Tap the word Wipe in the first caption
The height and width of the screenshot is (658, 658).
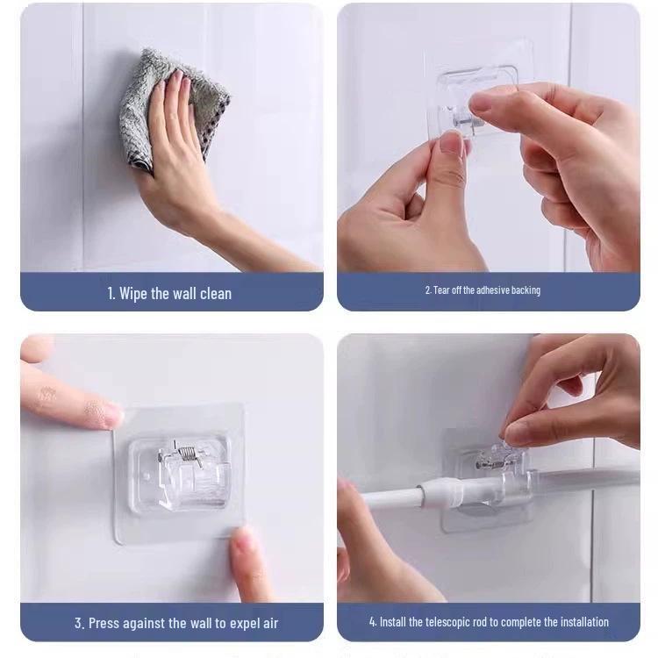(x=134, y=293)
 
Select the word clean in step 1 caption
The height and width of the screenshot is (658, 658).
(x=214, y=293)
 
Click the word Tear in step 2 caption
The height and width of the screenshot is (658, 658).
(x=444, y=290)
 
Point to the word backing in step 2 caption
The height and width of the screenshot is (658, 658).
(x=523, y=290)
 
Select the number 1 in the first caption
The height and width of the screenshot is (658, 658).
(x=111, y=293)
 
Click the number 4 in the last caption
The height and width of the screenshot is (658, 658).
(x=372, y=622)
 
